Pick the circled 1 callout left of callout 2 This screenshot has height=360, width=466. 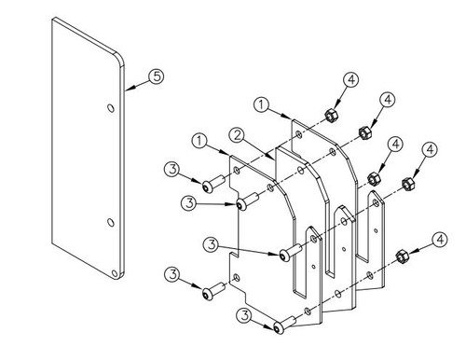(199, 141)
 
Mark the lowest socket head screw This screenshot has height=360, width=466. (281, 327)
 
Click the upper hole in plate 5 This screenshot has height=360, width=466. (110, 110)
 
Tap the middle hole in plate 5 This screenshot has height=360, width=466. (109, 222)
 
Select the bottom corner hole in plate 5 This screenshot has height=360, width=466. (116, 273)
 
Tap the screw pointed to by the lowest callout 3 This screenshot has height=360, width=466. (281, 327)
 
